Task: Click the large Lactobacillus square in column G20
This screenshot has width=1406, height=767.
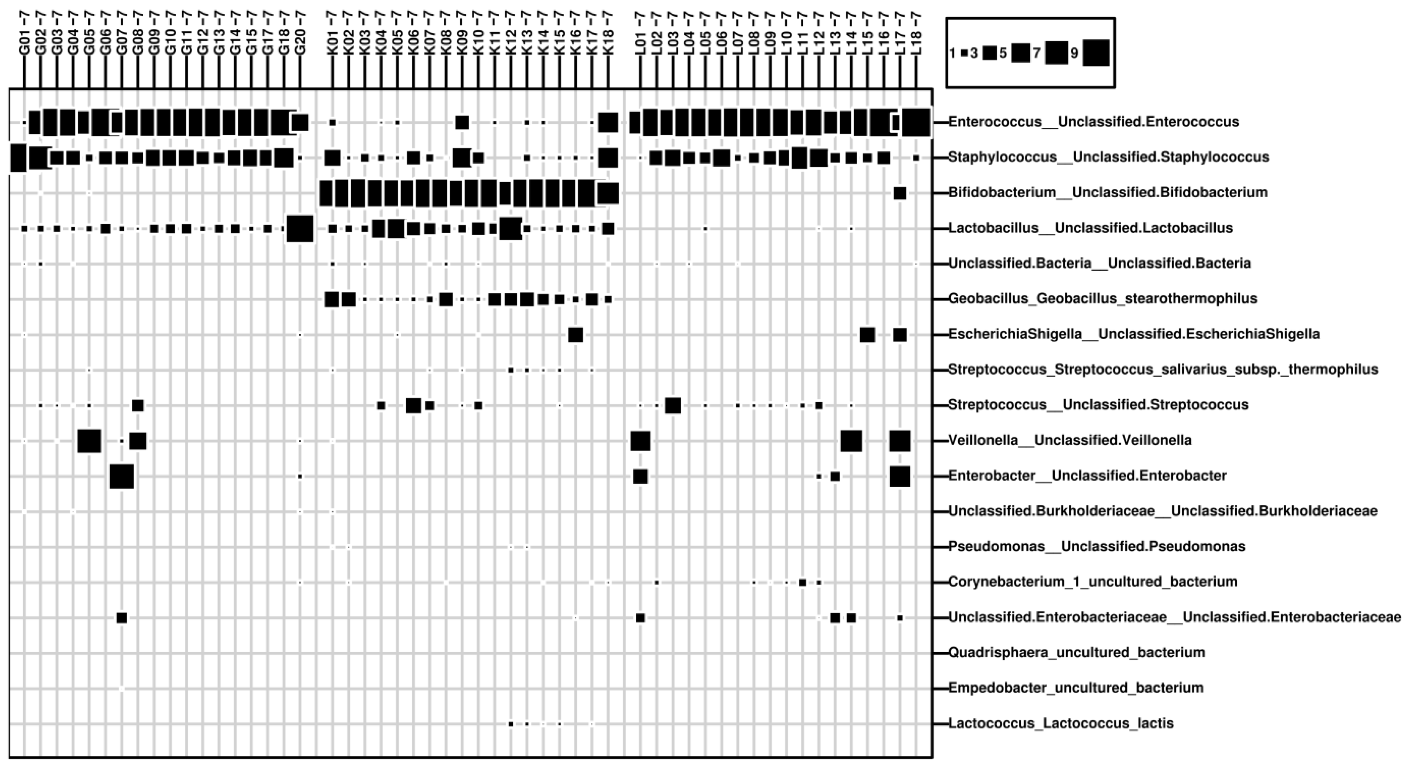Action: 300,228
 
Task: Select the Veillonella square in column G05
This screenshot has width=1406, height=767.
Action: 89,440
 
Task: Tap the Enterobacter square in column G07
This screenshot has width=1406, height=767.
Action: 121,476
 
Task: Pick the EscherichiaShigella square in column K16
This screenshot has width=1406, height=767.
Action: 575,335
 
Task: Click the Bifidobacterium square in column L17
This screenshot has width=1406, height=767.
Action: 900,193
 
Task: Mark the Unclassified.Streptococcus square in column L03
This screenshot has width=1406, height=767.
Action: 673,405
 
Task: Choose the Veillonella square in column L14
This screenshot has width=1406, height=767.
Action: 851,440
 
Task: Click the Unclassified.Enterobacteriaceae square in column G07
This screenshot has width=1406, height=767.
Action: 121,617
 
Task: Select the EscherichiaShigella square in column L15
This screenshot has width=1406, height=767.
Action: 867,335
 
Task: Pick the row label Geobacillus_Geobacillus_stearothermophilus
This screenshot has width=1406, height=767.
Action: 1103,299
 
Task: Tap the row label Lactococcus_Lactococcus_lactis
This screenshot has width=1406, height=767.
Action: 1061,723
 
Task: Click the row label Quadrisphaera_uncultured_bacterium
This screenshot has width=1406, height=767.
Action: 1076,652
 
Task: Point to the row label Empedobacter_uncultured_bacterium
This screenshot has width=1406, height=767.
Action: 1076,688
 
